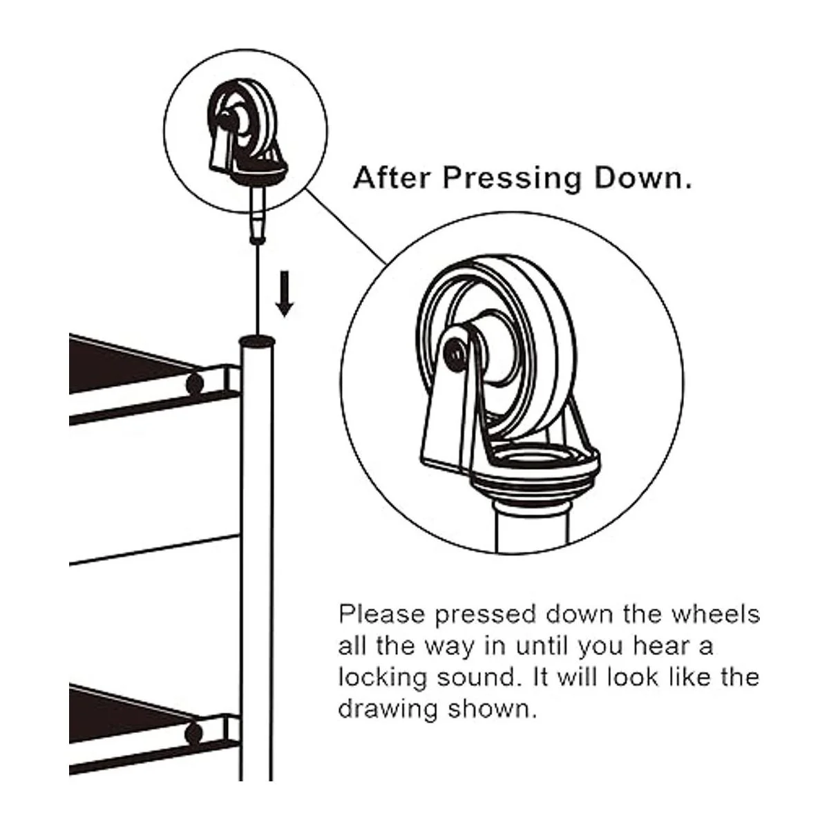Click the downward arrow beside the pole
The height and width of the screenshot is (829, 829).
[285, 294]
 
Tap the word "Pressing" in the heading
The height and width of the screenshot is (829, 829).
[512, 179]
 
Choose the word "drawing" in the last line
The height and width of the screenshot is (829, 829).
[388, 710]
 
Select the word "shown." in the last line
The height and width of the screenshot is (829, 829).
[493, 710]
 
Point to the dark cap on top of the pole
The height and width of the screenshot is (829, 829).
[257, 341]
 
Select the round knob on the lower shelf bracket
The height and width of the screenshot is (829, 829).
[194, 733]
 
